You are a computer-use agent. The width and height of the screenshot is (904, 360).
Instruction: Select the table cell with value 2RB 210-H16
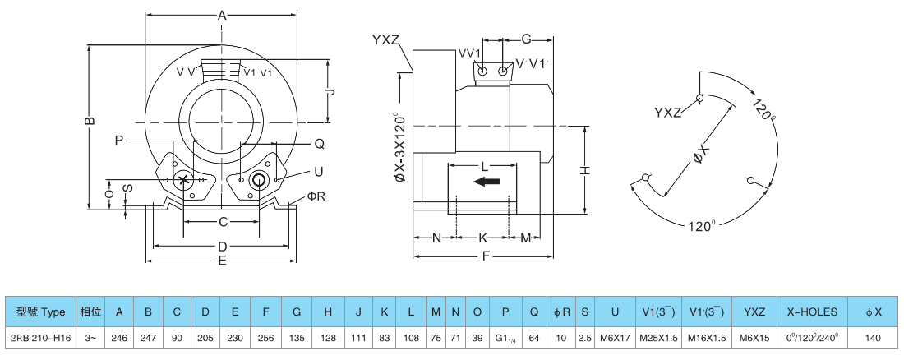point(40,337)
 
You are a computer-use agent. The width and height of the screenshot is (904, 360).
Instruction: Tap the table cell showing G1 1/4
point(505,337)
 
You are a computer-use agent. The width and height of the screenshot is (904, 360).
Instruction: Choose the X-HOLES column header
point(812,312)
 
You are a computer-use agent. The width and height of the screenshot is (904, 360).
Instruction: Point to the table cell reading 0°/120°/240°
point(812,337)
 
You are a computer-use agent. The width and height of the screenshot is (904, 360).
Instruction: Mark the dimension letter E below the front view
point(222,261)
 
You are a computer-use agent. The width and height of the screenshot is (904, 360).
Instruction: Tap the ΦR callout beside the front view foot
point(316,196)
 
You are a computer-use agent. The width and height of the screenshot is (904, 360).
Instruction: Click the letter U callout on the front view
point(317,171)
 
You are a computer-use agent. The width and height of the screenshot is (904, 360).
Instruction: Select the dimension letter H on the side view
point(585,169)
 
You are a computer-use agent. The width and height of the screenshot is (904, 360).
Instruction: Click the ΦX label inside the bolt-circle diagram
point(700,155)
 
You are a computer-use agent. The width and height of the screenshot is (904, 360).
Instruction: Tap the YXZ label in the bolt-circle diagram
point(667,112)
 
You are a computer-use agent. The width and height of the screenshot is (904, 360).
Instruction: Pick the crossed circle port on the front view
point(184,180)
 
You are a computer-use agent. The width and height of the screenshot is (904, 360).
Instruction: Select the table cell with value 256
point(266,337)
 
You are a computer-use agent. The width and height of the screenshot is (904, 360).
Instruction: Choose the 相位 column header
point(90,312)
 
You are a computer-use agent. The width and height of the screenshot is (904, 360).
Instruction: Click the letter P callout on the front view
point(119,141)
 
